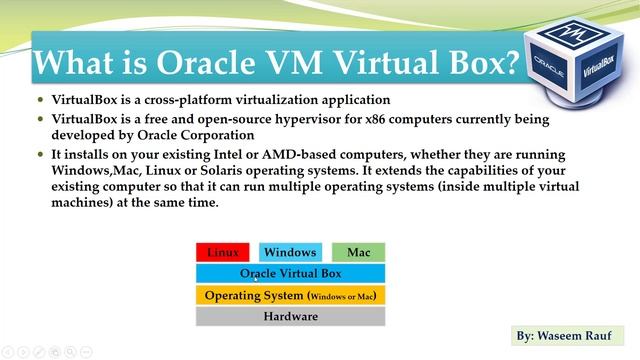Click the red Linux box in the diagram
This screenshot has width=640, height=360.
222,253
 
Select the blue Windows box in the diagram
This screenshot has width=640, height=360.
290,253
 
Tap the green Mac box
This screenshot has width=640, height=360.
357,253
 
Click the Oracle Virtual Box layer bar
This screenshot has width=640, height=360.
290,273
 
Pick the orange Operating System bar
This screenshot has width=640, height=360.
290,296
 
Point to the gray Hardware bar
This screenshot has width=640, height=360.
290,317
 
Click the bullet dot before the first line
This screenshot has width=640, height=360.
41,101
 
